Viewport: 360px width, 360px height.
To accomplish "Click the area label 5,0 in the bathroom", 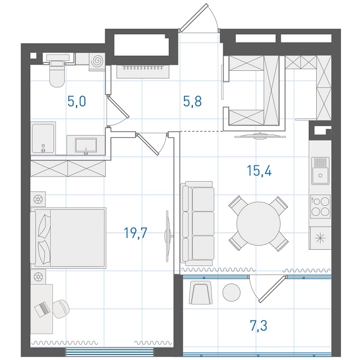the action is click(76, 101).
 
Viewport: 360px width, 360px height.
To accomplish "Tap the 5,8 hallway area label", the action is click(192, 101).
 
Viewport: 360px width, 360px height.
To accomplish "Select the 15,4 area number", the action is click(259, 170).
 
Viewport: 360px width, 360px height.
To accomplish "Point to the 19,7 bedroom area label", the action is click(136, 233).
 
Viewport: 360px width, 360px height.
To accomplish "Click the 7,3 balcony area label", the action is click(259, 326).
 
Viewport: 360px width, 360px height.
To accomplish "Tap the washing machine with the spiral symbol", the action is click(97, 61).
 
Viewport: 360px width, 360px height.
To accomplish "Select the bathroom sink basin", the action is click(86, 145).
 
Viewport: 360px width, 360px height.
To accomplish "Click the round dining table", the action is click(259, 223).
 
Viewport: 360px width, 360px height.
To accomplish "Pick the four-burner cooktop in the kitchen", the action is click(320, 206).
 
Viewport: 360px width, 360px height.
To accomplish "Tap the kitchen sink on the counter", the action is click(320, 170).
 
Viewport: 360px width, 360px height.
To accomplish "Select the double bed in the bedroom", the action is click(68, 238).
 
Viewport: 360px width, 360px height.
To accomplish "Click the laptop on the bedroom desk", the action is click(42, 309).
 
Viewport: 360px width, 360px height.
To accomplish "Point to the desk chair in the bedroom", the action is click(61, 309).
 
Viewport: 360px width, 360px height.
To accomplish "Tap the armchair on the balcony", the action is click(200, 292).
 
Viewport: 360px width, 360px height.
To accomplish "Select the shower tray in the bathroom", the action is click(43, 138).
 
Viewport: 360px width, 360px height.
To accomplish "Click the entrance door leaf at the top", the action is click(193, 17).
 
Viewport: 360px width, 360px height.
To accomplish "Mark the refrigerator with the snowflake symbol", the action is click(320, 238).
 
